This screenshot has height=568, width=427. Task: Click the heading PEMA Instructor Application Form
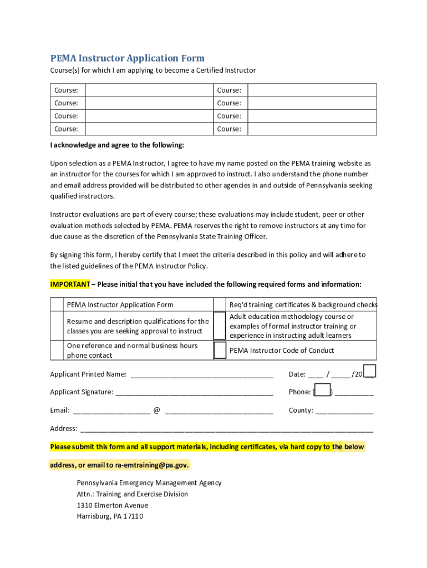(x=127, y=58)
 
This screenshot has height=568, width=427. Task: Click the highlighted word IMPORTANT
(x=70, y=285)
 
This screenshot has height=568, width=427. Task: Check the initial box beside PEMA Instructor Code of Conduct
(x=220, y=350)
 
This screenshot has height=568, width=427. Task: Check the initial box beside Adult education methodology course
(x=220, y=326)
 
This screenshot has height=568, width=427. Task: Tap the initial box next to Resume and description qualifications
(x=57, y=326)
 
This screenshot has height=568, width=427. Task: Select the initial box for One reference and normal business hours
(x=57, y=350)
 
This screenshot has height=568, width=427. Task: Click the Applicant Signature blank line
(x=194, y=392)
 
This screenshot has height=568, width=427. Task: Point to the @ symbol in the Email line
(x=157, y=410)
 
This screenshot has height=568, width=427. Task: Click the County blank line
(x=344, y=410)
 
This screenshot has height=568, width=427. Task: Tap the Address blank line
(x=227, y=429)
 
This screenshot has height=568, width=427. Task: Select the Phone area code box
(x=323, y=391)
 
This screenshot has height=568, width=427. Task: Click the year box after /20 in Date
(x=369, y=371)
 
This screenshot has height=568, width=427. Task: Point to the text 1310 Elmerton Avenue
(x=113, y=505)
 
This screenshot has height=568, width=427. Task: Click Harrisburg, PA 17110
(x=110, y=516)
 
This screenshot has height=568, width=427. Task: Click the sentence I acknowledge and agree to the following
(x=116, y=145)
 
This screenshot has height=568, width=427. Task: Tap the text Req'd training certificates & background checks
(x=303, y=305)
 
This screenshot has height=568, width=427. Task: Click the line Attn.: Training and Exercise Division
(x=132, y=494)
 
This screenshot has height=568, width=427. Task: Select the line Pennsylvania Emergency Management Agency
(x=149, y=483)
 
